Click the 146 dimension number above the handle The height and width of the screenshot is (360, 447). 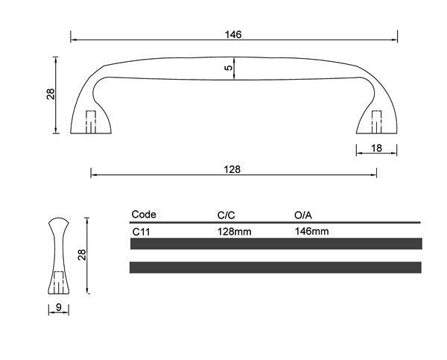coord(233,34)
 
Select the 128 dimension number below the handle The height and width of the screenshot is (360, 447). coord(232,169)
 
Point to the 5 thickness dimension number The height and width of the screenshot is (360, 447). coord(229,68)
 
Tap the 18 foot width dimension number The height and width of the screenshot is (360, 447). coord(376,148)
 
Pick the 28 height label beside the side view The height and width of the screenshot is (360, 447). coord(83,255)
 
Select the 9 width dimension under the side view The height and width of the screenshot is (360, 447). coord(58,306)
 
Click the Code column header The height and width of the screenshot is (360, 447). coord(144,215)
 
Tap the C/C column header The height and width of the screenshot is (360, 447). coord(226,215)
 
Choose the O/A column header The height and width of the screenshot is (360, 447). coord(303,215)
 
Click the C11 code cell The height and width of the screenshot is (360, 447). coord(142,231)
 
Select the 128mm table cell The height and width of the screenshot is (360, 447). coord(234,231)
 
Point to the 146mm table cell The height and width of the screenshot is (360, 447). coord(312,231)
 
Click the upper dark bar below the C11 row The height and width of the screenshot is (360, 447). coord(276,244)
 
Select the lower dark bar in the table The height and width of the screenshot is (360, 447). coord(276,267)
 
